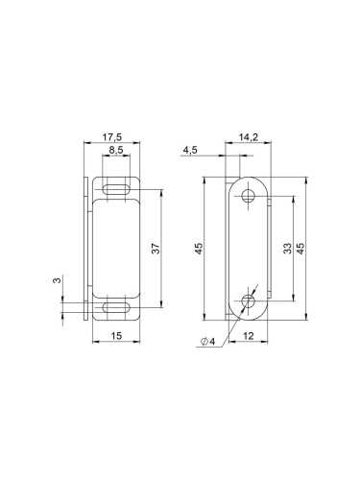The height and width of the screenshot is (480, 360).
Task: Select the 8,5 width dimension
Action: pyautogui.click(x=116, y=151)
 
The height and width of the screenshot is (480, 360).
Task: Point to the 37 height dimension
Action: pyautogui.click(x=156, y=250)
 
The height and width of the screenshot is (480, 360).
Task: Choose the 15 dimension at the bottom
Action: pyautogui.click(x=116, y=335)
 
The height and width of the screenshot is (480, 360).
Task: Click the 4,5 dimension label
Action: pyautogui.click(x=190, y=150)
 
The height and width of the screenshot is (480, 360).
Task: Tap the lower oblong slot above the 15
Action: pyautogui.click(x=116, y=307)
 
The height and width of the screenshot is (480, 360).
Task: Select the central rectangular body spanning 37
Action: pyautogui.click(x=116, y=247)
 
